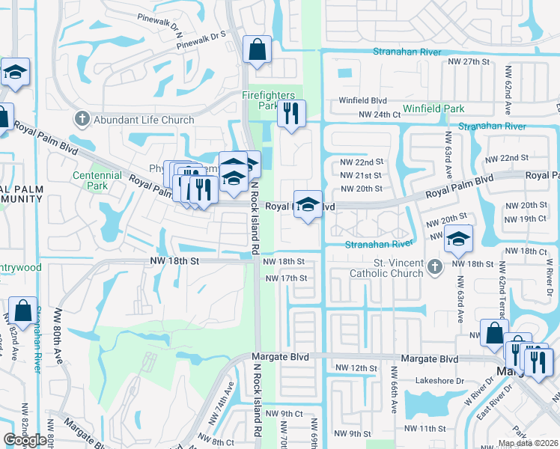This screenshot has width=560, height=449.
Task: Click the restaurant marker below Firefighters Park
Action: click(290, 114)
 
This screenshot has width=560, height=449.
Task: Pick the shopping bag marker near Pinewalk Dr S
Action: click(257, 51)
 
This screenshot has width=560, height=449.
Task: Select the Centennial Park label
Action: click(97, 180)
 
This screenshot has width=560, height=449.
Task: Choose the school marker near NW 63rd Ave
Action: click(457, 239)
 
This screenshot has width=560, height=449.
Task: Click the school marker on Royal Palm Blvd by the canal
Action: click(307, 204)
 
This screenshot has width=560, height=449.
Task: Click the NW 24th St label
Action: click(376, 114)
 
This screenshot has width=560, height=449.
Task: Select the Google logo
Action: click(25, 440)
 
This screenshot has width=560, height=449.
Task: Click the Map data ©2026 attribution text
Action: click(528, 443)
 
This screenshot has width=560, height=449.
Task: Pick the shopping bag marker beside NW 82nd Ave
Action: click(22, 311)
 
